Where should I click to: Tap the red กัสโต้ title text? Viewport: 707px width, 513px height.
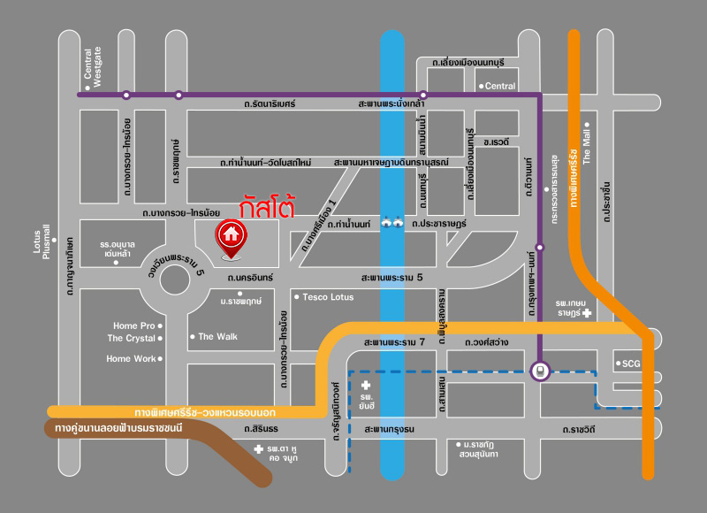coord(267,206)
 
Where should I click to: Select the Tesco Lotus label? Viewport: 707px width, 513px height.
coord(327,296)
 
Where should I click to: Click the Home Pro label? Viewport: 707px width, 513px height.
coord(134,325)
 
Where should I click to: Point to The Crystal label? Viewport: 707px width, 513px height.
coord(132,338)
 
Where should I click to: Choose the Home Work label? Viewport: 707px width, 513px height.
coord(131,358)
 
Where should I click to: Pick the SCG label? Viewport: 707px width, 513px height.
coord(630,364)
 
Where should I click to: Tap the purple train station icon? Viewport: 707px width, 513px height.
coord(540,371)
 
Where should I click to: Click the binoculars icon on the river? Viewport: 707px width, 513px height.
coord(392,224)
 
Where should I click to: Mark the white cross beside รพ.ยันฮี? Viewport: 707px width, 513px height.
coord(366,385)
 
